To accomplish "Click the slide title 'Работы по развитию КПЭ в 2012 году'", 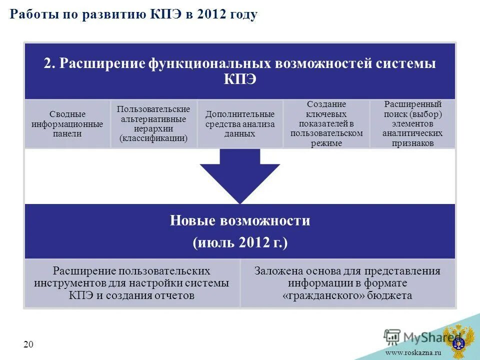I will click(x=133, y=14).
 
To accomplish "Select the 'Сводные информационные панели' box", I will click(x=67, y=124).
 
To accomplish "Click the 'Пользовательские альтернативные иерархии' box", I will click(x=153, y=124).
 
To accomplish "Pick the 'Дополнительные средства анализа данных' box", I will click(x=240, y=124).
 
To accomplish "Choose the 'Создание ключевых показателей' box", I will click(x=326, y=124).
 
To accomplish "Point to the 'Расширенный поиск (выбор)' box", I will click(x=412, y=124).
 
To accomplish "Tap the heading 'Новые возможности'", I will click(x=240, y=220).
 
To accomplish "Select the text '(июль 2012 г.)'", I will click(x=240, y=243).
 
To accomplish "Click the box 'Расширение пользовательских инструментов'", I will click(x=132, y=283).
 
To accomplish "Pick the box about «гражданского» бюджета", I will click(x=347, y=283).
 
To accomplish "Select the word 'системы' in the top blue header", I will click(x=412, y=64).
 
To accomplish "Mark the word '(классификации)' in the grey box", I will click(x=153, y=138).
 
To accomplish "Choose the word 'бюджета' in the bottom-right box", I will click(x=388, y=295).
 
